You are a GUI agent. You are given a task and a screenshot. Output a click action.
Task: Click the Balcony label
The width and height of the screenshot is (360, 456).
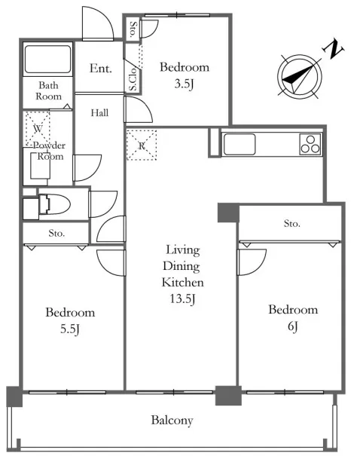coord(172,421)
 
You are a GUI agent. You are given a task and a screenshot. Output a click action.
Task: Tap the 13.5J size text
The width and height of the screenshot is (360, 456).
coord(182,299)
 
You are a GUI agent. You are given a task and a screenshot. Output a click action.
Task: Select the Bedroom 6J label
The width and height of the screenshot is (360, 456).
coord(293,318)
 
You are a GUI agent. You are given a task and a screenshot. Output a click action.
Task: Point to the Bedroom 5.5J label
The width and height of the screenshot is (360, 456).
coord(70,321)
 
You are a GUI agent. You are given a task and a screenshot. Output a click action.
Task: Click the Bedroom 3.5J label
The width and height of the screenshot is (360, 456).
coord(185,75)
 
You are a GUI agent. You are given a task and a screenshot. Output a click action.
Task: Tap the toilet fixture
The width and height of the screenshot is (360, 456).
coord(54,204)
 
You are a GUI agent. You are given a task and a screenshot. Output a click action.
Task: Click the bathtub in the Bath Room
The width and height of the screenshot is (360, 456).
coord(48,60)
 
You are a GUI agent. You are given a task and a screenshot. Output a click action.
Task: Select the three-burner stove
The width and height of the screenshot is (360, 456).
coord(310,144)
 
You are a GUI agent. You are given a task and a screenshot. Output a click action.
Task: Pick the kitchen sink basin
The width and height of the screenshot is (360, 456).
coord(239,144)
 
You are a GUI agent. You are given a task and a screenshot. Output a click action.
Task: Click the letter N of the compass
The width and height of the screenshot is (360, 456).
coord(333,50)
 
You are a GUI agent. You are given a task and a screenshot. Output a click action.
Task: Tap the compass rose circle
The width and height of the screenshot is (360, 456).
coord(300,77)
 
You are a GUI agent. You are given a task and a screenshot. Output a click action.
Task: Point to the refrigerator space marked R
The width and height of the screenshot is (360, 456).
coord(142,145)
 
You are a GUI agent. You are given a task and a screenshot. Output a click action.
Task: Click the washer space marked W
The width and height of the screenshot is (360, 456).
coord(38,128)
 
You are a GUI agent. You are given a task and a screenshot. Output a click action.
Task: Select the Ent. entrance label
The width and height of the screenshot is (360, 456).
coord(100,69)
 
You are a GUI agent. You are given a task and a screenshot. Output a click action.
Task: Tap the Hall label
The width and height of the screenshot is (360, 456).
coord(99,113)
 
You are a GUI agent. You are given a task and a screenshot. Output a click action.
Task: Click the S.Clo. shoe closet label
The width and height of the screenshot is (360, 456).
coord(133,78)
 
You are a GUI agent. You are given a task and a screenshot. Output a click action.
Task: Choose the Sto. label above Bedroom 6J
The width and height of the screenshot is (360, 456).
coord(292,224)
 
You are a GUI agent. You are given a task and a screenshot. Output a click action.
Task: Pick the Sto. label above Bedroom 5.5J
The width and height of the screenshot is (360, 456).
coord(56,233)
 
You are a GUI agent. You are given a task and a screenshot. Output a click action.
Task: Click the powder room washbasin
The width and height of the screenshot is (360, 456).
coord(41,166)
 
